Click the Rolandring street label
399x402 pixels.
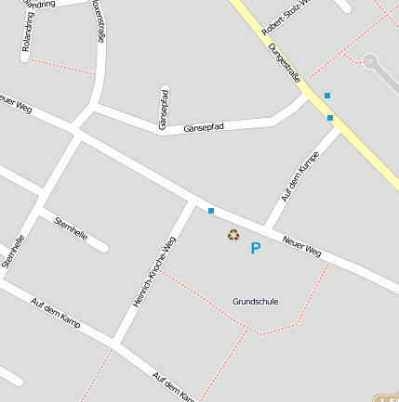27,30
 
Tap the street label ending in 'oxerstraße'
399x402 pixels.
98,20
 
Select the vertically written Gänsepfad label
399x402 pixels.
164,108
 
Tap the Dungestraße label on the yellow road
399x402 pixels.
284,63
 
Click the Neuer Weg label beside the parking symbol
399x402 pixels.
302,245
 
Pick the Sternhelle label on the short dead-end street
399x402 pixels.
72,228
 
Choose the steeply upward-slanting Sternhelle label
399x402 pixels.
12,251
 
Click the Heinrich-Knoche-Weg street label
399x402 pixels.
153,271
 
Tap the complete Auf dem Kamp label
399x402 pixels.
55,314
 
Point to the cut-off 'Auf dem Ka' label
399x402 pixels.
174,387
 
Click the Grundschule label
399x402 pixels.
255,302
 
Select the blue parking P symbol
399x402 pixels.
255,248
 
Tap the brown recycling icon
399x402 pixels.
233,235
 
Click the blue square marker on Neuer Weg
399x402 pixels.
211,211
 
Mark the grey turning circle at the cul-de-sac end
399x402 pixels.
371,61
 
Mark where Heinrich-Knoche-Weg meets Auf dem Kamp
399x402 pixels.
115,345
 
